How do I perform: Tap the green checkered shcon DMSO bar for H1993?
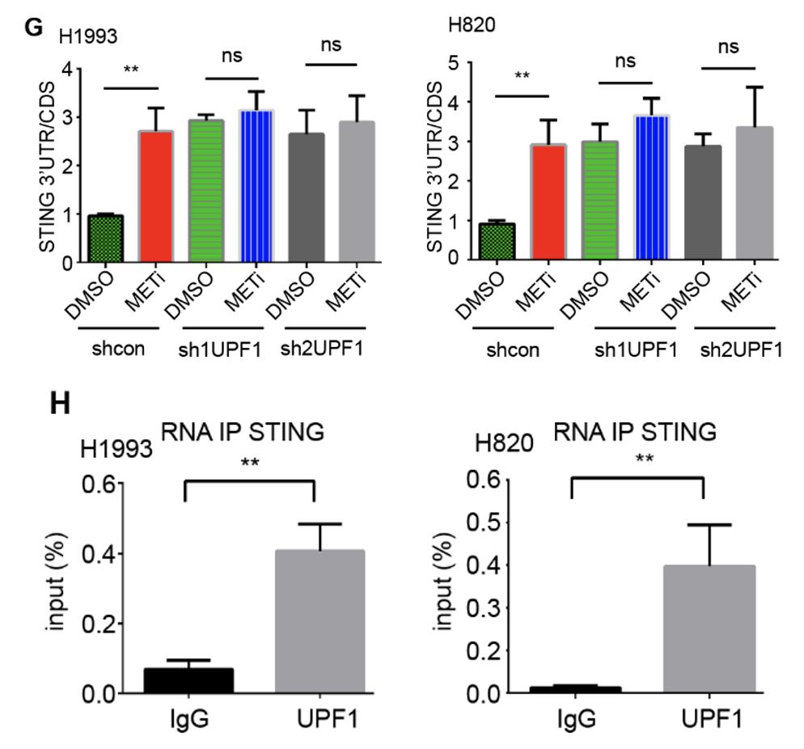[x=104, y=239]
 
